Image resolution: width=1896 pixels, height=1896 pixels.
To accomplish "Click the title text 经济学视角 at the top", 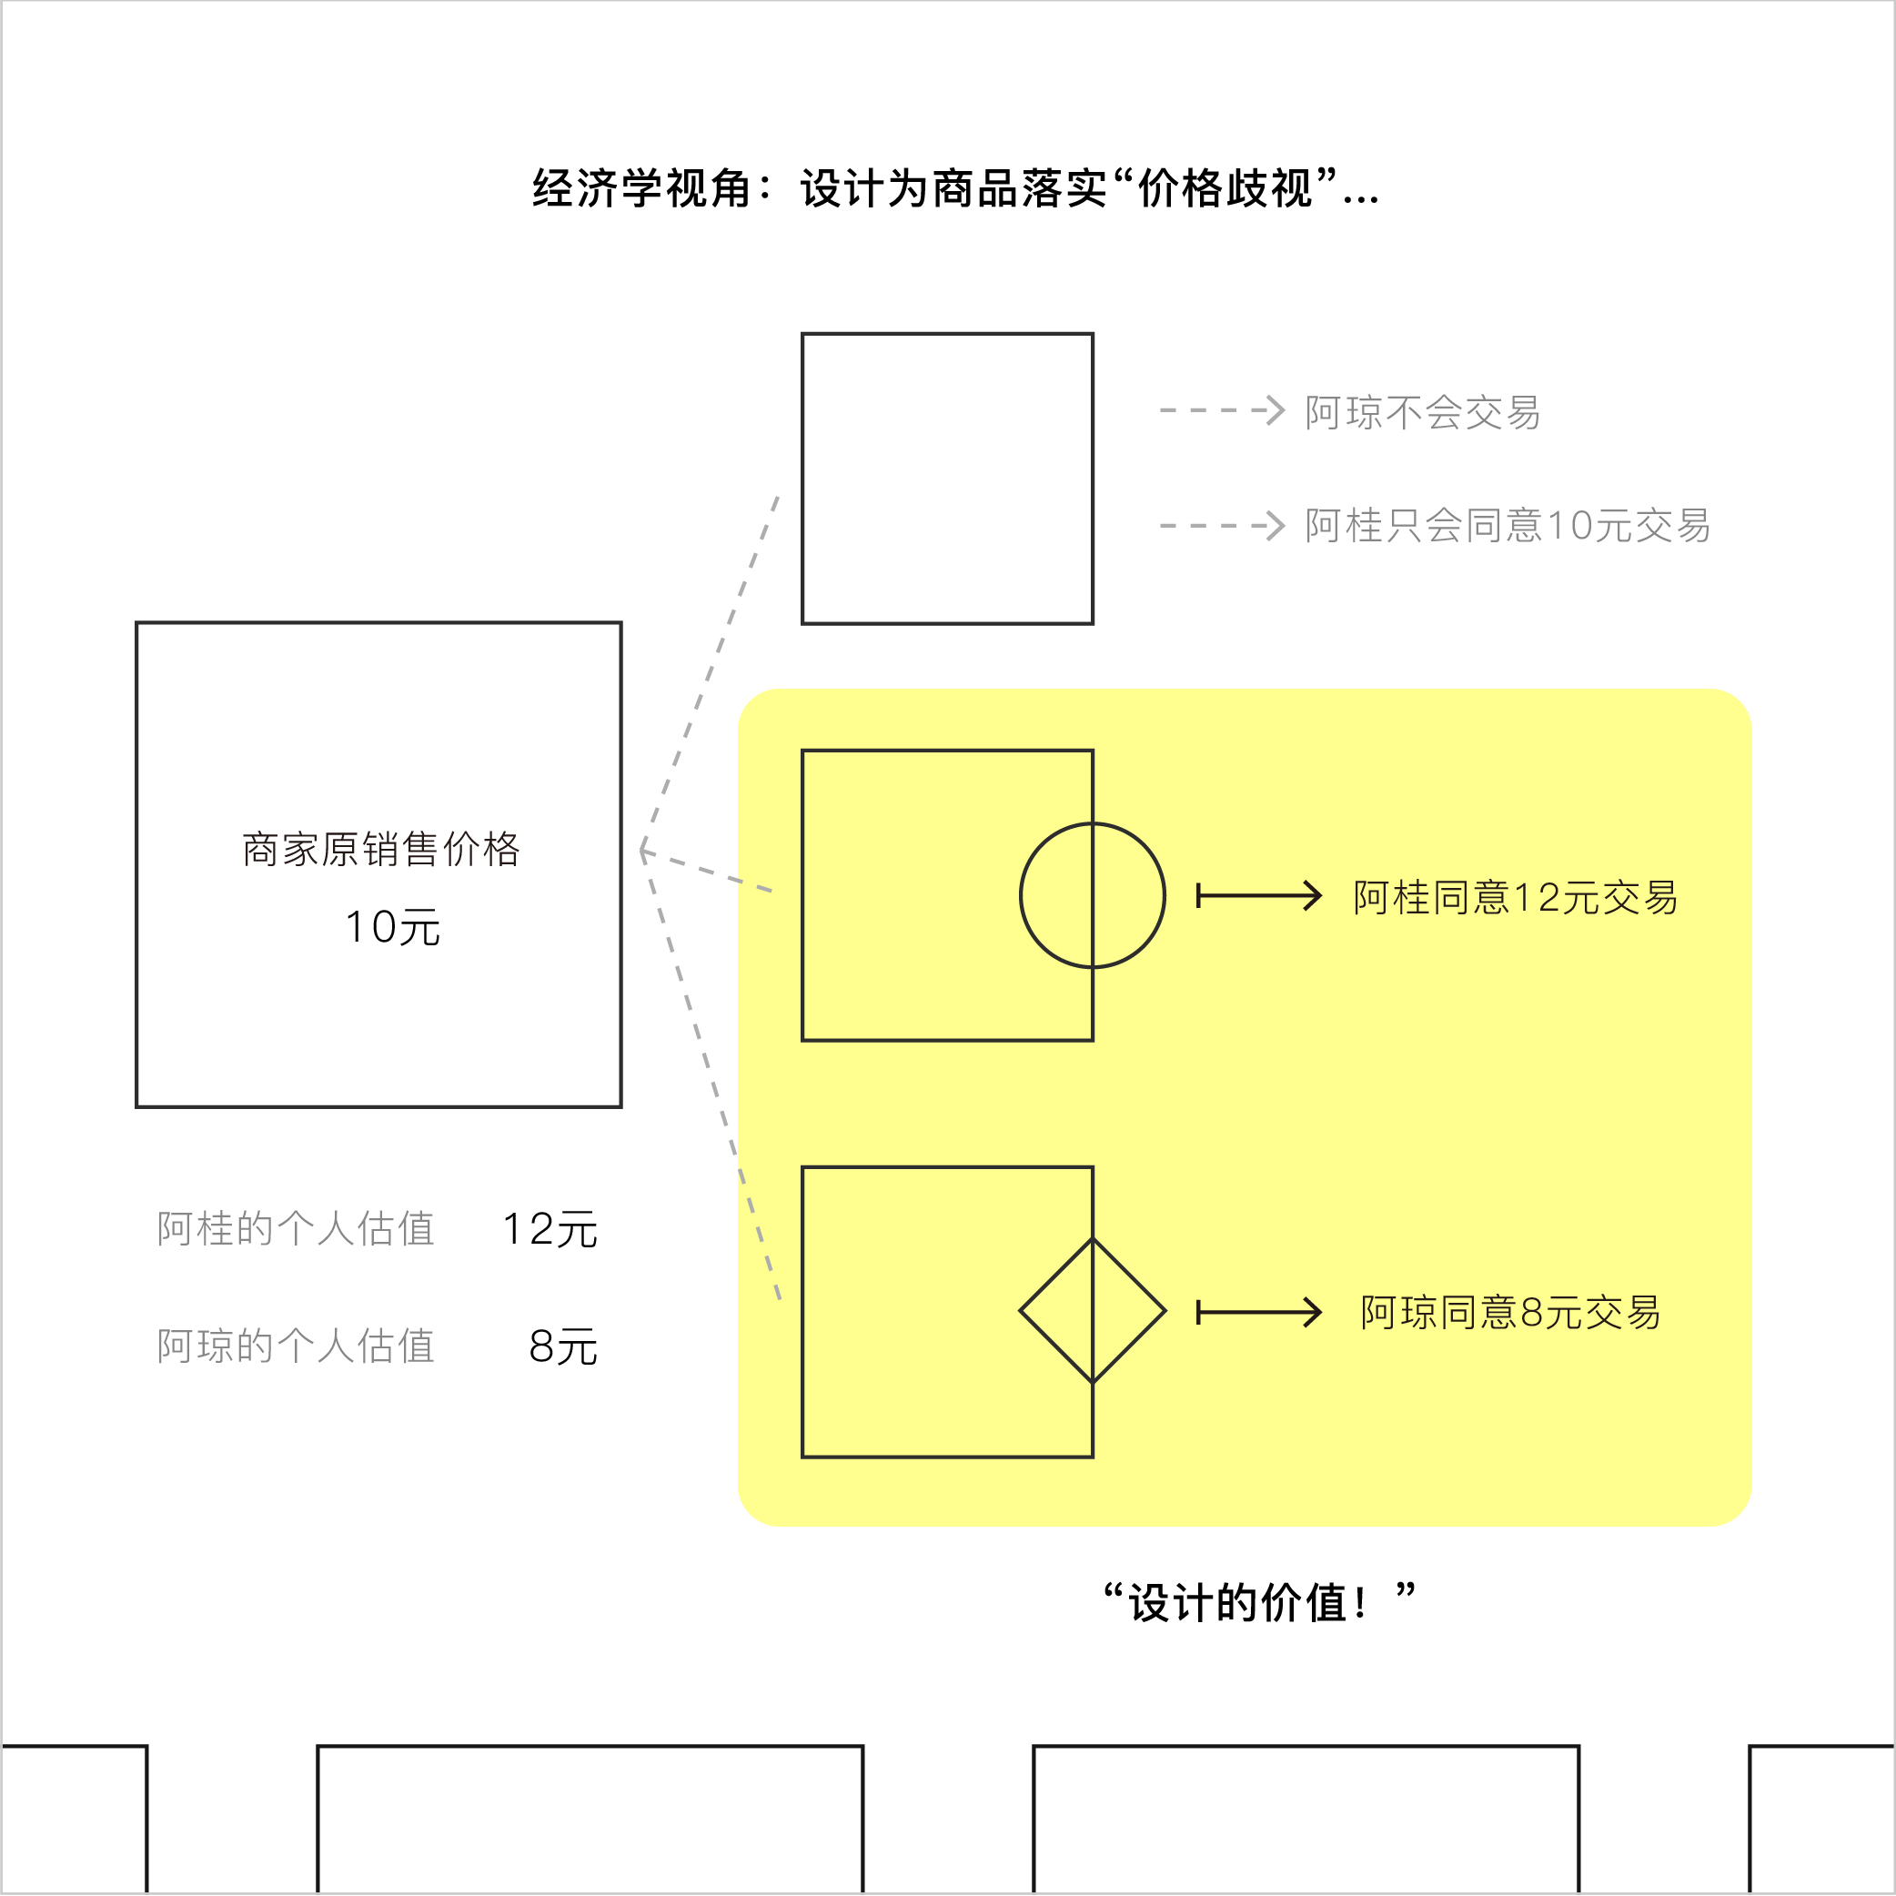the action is pos(640,188).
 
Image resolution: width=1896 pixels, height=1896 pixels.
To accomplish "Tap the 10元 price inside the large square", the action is pos(392,927).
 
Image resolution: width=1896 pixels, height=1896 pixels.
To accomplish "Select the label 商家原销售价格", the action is pos(381,849).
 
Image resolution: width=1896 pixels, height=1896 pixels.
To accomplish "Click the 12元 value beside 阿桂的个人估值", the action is pos(550,1230).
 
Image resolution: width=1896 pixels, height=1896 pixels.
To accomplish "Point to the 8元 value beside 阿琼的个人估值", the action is pos(562,1346).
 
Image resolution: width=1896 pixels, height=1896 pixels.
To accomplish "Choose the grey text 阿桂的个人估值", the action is pos(296,1229).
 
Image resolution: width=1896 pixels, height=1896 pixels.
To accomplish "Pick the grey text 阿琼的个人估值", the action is pos(296,1346).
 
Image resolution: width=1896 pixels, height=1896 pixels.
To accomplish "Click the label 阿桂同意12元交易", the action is pos(1515,897).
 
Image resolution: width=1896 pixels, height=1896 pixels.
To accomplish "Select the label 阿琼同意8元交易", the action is pos(1510,1312).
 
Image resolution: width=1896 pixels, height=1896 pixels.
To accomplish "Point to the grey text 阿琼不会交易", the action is pos(1422,412).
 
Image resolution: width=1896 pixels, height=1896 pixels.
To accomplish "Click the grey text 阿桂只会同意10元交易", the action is pos(1508,525).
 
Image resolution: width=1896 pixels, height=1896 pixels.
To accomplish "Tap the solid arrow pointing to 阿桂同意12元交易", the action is pos(1259,895).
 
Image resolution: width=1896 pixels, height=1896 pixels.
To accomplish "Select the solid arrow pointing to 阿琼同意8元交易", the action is pos(1259,1312).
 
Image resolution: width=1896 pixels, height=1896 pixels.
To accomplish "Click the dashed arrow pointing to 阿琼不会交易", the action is pos(1222,410).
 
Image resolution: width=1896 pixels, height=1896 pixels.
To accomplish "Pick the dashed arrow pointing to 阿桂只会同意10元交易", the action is pos(1222,525).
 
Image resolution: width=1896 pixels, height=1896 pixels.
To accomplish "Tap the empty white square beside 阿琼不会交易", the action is pos(947,478).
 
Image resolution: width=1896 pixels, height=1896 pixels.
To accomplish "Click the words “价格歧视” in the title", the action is pos(1225,188).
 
